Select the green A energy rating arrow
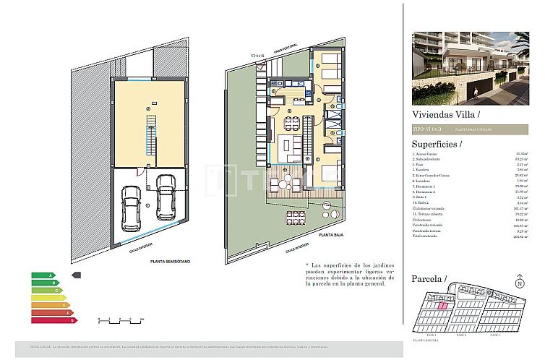43,275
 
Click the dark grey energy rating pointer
77,275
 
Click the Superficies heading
436,144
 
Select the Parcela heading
429,278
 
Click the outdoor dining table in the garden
294,216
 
